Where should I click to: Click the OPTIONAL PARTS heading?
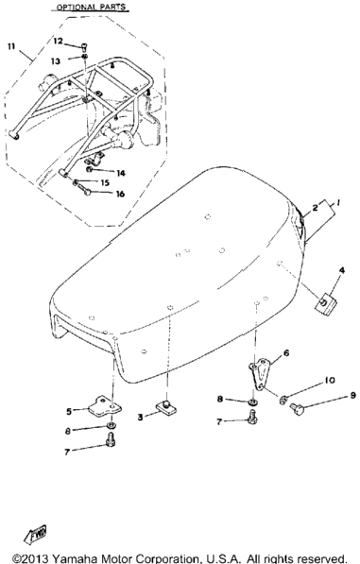pyautogui.click(x=92, y=8)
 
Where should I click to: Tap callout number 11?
pyautogui.click(x=11, y=46)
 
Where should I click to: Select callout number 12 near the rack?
pyautogui.click(x=58, y=41)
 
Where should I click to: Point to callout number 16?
pyautogui.click(x=120, y=194)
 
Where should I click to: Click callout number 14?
pyautogui.click(x=121, y=173)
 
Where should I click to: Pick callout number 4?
pyautogui.click(x=342, y=270)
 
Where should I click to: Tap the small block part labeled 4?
pyautogui.click(x=326, y=303)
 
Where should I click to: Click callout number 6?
pyautogui.click(x=286, y=353)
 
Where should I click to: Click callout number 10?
pyautogui.click(x=330, y=380)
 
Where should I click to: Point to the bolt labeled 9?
pyautogui.click(x=298, y=409)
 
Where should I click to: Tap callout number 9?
pyautogui.click(x=352, y=396)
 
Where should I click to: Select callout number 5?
pyautogui.click(x=69, y=411)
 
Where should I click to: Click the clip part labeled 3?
pyautogui.click(x=165, y=407)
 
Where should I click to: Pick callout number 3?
pyautogui.click(x=140, y=418)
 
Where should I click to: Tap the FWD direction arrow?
pyautogui.click(x=35, y=534)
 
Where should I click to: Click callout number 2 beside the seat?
pyautogui.click(x=315, y=207)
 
